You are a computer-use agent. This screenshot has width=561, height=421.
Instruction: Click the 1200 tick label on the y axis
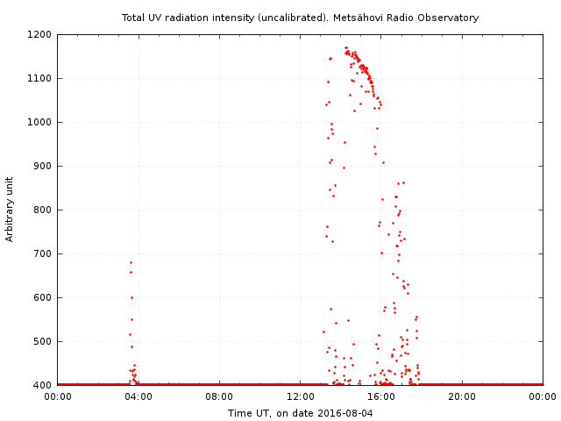(40, 35)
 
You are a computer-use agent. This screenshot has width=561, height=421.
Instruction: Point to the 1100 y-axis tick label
(40, 79)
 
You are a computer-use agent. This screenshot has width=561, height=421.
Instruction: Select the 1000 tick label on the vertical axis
(40, 123)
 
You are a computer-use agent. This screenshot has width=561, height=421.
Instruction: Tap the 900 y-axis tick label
(43, 167)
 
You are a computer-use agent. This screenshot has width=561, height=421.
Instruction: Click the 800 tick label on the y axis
(43, 210)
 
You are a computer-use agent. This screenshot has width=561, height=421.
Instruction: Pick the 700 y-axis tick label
(43, 254)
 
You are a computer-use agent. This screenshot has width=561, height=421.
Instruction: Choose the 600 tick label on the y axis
(43, 298)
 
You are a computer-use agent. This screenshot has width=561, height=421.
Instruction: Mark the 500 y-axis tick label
(43, 342)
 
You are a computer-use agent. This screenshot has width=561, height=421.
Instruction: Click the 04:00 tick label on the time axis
(138, 397)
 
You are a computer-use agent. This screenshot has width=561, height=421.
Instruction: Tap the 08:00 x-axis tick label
(219, 397)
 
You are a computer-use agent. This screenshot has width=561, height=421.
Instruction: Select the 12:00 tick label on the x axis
(301, 397)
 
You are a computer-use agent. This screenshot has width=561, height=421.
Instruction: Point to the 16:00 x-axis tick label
(381, 397)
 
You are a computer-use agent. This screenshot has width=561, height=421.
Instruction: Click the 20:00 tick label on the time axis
(462, 397)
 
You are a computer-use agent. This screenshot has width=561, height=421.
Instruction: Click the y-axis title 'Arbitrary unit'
(11, 210)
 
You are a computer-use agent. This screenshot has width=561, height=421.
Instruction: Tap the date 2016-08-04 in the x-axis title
(345, 413)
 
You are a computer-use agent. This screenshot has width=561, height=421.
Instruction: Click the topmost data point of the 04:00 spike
(131, 262)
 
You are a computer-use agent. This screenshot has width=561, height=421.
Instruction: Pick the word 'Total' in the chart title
(133, 18)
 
